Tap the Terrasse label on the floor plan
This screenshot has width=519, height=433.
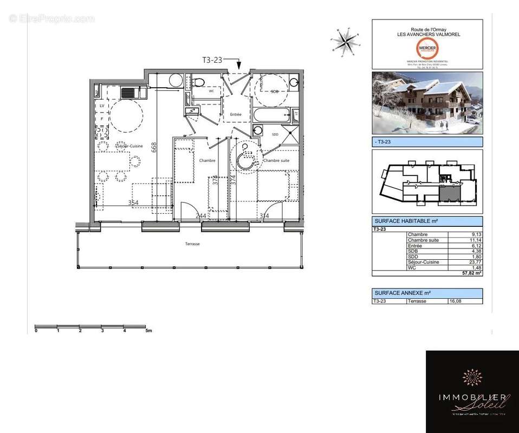pyautogui.click(x=192, y=244)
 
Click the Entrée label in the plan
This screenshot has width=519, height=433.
pyautogui.click(x=236, y=114)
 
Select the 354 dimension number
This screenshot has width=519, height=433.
pyautogui.click(x=133, y=202)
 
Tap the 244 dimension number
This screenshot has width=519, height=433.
pyautogui.click(x=201, y=216)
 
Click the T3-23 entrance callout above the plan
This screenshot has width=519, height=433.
pyautogui.click(x=211, y=60)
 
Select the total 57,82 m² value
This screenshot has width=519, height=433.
pyautogui.click(x=471, y=274)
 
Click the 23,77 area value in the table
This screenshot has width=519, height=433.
pyautogui.click(x=474, y=262)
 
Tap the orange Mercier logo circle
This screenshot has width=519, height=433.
pyautogui.click(x=427, y=48)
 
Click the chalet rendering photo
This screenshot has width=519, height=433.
pyautogui.click(x=427, y=103)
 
